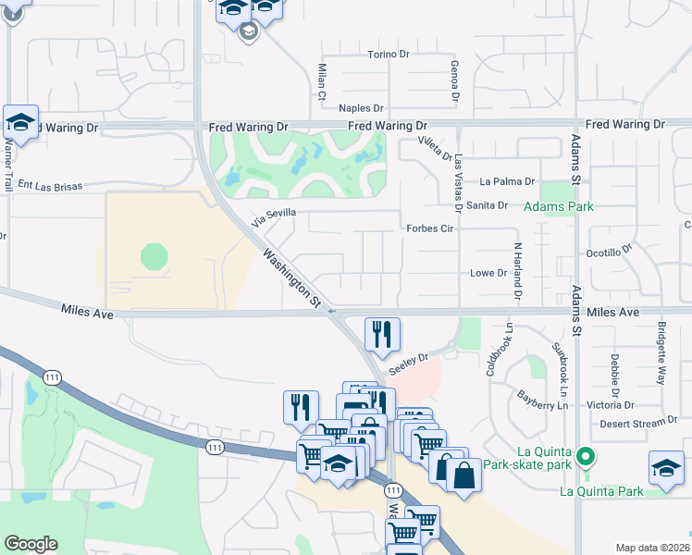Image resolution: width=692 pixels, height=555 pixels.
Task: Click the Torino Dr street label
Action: coord(389,55)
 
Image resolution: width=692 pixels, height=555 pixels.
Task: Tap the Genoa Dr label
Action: coord(454,80)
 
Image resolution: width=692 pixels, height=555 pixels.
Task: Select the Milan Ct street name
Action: coord(322,82)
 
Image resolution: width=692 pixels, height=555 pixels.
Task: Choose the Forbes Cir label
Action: coord(428,228)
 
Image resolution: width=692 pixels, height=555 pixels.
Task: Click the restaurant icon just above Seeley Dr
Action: coord(382,334)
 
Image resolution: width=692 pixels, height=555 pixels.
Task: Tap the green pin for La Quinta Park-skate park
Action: coord(585,456)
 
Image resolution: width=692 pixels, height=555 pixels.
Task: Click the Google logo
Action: coord(31,544)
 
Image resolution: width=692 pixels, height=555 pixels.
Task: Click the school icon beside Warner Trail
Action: coord(19,121)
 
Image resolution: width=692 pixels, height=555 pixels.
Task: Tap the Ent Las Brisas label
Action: coord(45,186)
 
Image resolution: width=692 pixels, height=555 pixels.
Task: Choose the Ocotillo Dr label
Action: coord(608,251)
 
